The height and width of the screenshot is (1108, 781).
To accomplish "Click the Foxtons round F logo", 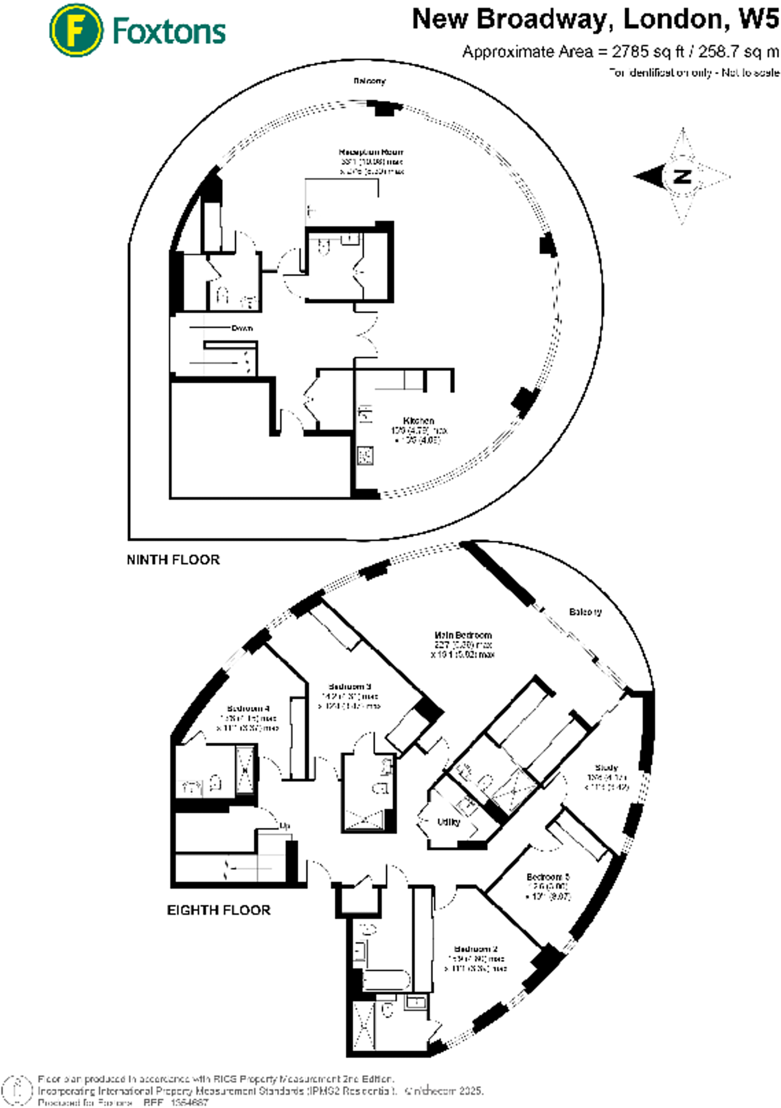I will click(x=76, y=30).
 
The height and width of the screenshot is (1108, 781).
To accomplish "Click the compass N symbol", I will click(x=683, y=176).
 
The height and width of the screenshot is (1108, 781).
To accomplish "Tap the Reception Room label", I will click(x=370, y=152).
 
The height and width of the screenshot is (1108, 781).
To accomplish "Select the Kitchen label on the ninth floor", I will click(x=418, y=420).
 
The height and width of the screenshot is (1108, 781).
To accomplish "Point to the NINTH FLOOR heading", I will click(x=173, y=559).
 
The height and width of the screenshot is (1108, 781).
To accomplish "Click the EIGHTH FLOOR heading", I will click(x=219, y=910).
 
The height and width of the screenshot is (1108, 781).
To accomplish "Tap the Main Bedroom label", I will click(x=463, y=635).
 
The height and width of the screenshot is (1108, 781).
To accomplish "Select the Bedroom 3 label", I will click(x=349, y=687).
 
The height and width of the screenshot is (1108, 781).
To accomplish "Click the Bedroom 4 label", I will click(x=248, y=708).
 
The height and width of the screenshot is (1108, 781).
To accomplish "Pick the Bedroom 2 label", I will click(x=475, y=949).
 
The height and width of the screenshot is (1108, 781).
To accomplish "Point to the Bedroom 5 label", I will click(x=548, y=876).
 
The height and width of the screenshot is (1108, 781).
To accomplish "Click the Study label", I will click(x=606, y=767).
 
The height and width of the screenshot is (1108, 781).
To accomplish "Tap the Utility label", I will click(x=448, y=822).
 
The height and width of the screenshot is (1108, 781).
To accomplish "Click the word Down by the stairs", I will click(x=242, y=328).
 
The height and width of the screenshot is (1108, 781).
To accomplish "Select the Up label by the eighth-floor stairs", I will click(x=285, y=826).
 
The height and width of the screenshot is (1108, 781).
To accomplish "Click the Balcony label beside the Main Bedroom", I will click(x=585, y=612).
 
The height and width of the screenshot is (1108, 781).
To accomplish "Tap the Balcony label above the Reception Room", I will click(x=369, y=81).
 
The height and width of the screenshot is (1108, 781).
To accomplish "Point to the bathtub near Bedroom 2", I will click(x=386, y=980).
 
